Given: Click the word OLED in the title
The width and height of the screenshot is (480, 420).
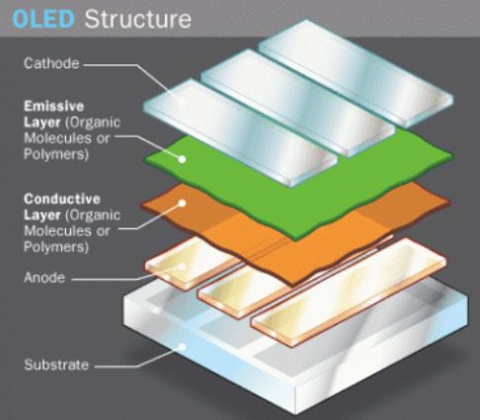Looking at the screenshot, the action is tap(43, 19).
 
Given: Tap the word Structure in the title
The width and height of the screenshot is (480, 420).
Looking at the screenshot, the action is tap(138, 19).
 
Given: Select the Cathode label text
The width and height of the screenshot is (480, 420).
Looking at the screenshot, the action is tap(51, 63).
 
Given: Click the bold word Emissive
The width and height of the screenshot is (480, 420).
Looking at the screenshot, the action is tap(54, 106).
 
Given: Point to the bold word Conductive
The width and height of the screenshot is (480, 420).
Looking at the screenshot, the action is tap(62, 199).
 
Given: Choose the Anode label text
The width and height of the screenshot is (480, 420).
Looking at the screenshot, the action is tap(44, 278).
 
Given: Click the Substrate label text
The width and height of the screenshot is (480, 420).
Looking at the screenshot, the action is tap(56, 365).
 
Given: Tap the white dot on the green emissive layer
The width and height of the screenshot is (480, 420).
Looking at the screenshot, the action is tap(182, 159).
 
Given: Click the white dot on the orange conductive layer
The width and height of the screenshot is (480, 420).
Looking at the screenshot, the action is tap(182, 203).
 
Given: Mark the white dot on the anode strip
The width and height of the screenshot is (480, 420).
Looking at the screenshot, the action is tap(182, 266).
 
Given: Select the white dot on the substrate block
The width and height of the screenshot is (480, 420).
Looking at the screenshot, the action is tap(182, 347).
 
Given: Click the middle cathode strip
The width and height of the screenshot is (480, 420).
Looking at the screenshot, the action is tap(298, 103).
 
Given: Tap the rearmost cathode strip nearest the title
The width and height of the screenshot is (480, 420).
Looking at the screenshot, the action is tap(356, 73).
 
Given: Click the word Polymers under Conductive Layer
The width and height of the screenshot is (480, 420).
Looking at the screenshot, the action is tap(56, 247).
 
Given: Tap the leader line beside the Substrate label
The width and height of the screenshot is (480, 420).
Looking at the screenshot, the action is tap(137, 360).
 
